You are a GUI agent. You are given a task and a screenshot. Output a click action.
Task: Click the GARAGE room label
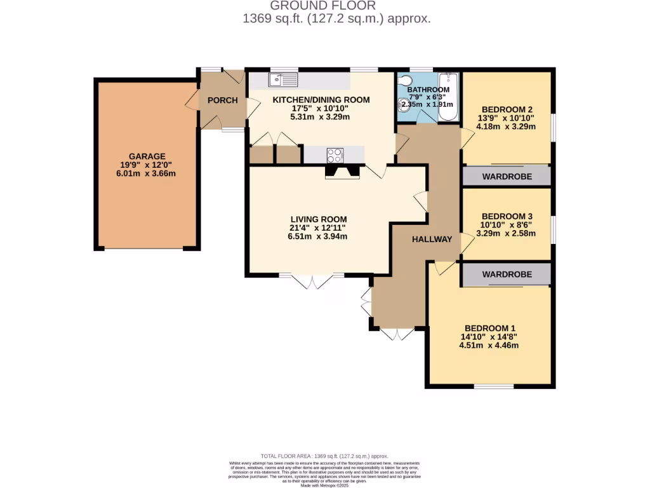click(147, 156)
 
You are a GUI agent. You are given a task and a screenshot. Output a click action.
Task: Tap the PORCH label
click(222, 100)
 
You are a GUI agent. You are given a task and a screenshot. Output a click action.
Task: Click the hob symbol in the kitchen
click(335, 154)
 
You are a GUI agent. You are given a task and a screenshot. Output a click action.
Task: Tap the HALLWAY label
click(432, 240)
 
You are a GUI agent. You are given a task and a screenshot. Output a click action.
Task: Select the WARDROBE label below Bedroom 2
click(506, 175)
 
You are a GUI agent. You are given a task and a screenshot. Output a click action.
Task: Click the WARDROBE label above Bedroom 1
click(506, 274)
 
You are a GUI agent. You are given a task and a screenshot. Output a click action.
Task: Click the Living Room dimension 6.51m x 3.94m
click(319, 236)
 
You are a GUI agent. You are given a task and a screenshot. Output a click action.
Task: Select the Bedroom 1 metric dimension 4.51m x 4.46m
click(489, 346)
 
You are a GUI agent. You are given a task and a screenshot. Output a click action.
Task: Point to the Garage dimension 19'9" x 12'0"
click(147, 165)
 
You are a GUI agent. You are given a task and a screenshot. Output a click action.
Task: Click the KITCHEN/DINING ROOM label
click(321, 100)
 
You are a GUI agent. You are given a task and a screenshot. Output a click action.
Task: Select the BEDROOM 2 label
click(507, 108)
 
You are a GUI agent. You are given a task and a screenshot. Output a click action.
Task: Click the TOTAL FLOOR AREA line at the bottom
click(324, 456)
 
